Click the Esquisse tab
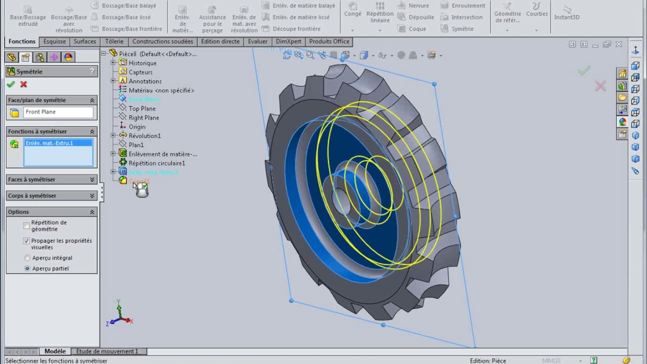(55, 41)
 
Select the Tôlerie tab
(114, 41)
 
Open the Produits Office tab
(329, 41)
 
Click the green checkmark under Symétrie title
(11, 84)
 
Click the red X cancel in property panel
(23, 84)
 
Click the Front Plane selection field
(58, 112)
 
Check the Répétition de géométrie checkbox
(27, 225)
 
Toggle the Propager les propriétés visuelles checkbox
(27, 241)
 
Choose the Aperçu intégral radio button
(27, 258)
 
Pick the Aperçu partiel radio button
(27, 268)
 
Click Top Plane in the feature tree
(142, 109)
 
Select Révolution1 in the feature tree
(145, 136)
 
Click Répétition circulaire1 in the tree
(157, 163)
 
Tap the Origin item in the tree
(137, 127)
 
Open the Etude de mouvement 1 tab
(107, 351)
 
